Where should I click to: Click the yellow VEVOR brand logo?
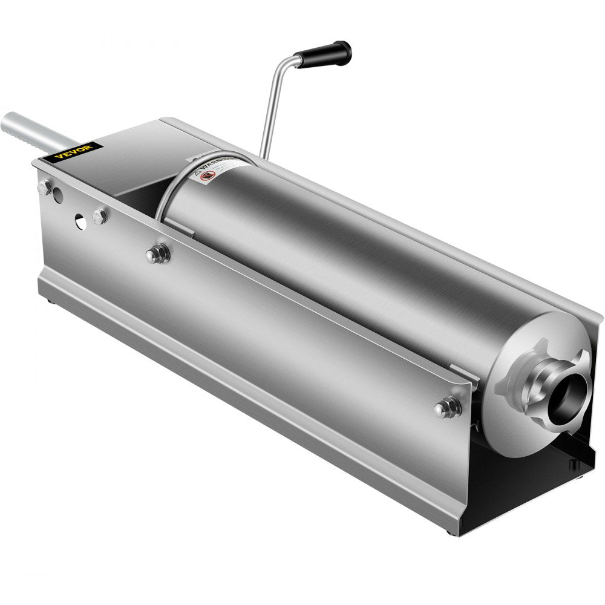click(73, 151)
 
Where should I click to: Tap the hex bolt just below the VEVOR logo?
click(44, 187)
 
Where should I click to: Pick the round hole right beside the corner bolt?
click(57, 195)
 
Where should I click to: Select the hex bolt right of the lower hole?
click(100, 216)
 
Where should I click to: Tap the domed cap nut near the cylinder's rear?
click(157, 253)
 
